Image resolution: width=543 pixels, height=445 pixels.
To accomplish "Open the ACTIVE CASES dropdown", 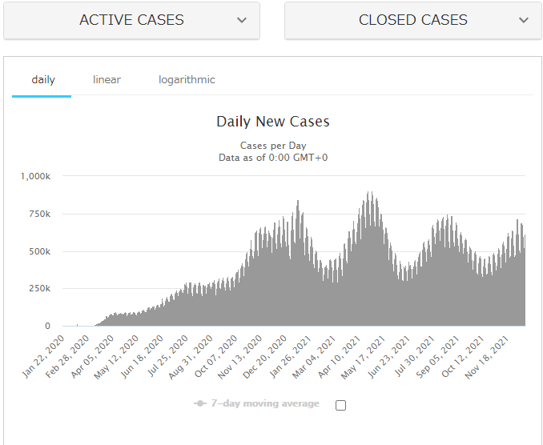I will click(x=131, y=20).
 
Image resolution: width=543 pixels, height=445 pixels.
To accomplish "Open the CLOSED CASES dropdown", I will click(x=412, y=20).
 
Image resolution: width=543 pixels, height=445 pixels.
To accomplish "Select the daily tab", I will click(x=43, y=80).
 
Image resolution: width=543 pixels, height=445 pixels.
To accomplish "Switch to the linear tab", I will click(x=107, y=80).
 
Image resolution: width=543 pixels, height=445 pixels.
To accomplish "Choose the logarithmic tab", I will click(x=187, y=80).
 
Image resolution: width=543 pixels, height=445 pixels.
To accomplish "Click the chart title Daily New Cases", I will click(x=272, y=122).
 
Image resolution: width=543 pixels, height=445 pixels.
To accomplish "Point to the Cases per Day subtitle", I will click(x=272, y=146).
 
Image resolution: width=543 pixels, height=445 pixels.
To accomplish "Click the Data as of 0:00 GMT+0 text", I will click(x=272, y=158).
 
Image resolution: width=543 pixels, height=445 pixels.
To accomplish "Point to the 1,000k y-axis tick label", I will click(x=36, y=176).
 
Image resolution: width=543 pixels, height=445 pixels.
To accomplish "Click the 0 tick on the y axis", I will click(x=47, y=327).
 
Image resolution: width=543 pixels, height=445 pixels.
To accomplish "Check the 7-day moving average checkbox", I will click(x=341, y=405).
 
